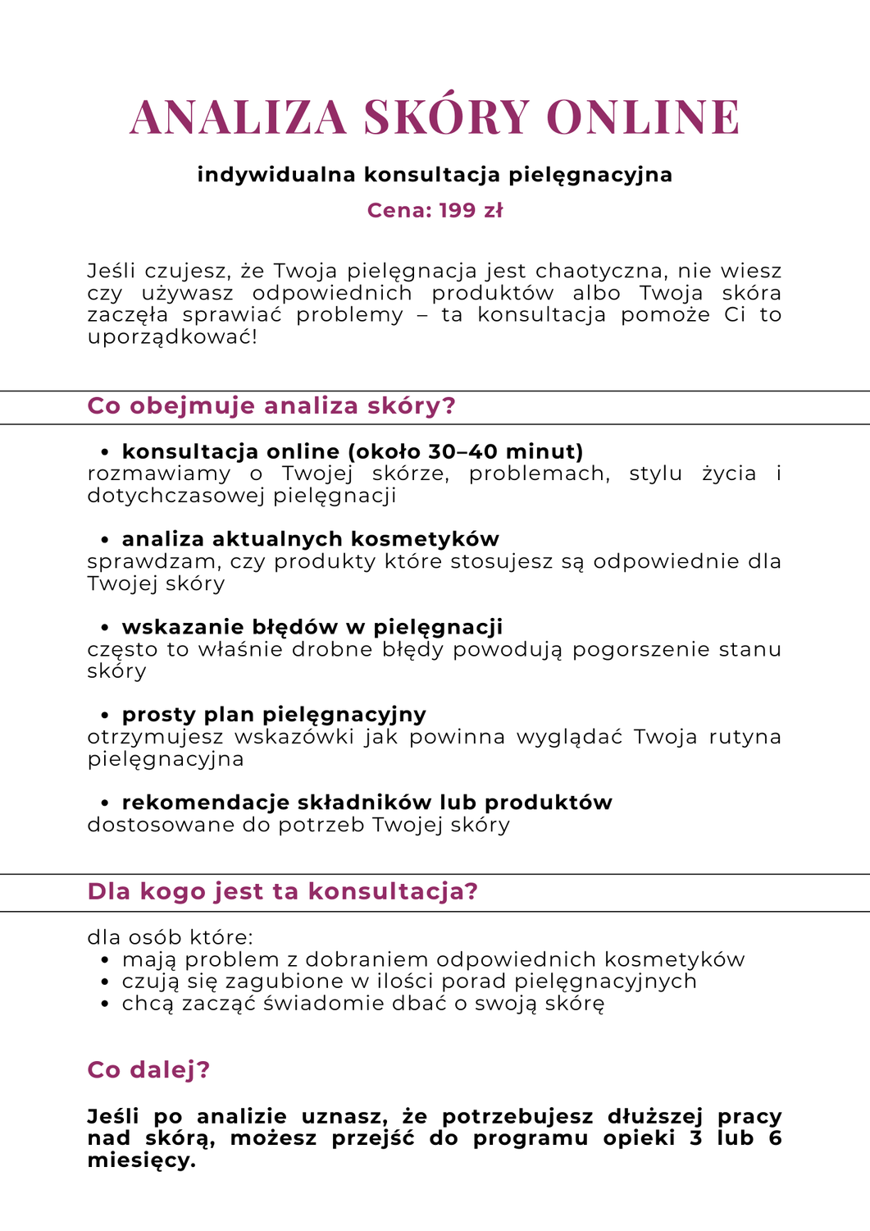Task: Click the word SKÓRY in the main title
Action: pos(447,117)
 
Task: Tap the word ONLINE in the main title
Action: pos(643,117)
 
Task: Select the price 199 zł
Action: pos(471,211)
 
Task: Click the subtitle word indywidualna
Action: pos(276,175)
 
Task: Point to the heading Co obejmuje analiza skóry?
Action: pos(271,406)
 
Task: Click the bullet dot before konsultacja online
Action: pos(105,453)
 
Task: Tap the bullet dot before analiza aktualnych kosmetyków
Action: pos(105,541)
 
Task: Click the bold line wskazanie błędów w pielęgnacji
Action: pos(312,627)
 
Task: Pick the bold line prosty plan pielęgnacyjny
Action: pos(274,715)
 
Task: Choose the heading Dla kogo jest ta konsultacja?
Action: pos(282,892)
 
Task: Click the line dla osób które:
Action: pos(171,938)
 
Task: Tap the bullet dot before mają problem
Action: pos(105,961)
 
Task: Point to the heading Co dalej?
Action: pos(148,1070)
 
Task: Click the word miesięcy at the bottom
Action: pos(141,1161)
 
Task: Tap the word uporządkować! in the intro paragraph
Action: pos(172,337)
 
